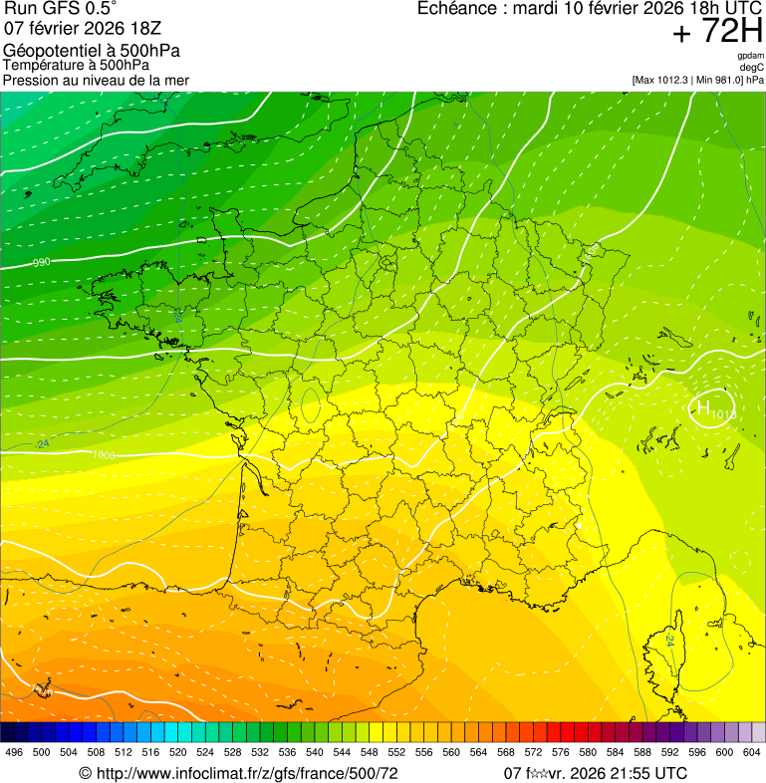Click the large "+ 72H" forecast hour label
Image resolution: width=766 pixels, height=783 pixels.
[717, 32]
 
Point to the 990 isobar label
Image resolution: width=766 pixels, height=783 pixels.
[42, 263]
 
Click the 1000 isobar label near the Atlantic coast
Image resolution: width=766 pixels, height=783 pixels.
[102, 455]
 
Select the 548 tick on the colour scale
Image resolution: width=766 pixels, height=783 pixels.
[370, 753]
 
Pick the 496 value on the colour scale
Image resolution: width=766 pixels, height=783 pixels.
[14, 753]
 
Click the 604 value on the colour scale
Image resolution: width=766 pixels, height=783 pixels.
[751, 753]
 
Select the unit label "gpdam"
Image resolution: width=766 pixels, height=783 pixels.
[750, 56]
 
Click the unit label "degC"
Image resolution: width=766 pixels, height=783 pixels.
[752, 67]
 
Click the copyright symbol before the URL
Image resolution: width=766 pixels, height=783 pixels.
[86, 773]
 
